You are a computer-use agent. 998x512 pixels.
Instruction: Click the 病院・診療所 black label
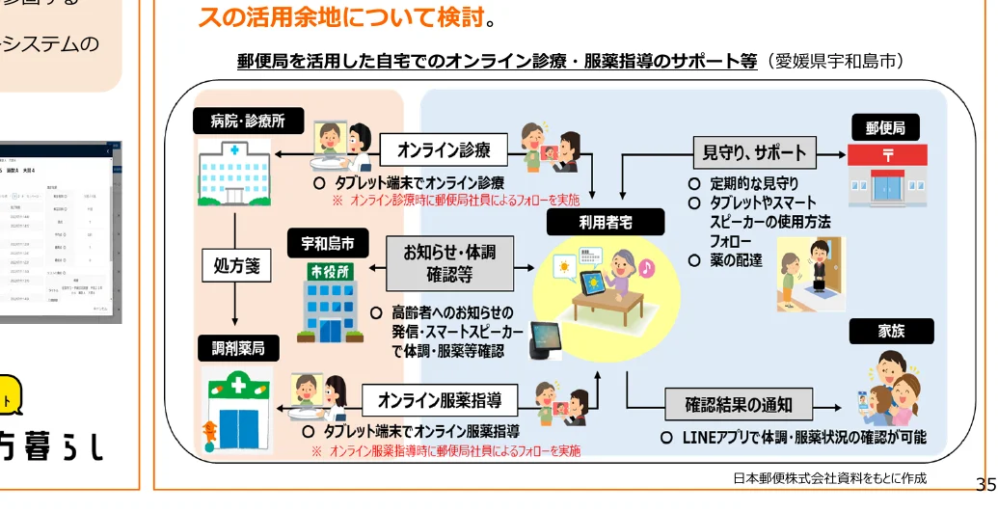(249, 121)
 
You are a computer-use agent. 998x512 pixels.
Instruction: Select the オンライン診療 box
(444, 149)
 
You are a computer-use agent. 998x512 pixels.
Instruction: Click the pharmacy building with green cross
(237, 407)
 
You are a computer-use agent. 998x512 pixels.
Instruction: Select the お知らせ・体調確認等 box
(448, 263)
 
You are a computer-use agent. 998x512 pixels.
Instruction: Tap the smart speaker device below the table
(549, 341)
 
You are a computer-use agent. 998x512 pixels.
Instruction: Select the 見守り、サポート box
(754, 151)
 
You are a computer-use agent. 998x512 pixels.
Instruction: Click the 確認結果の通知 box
(739, 405)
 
